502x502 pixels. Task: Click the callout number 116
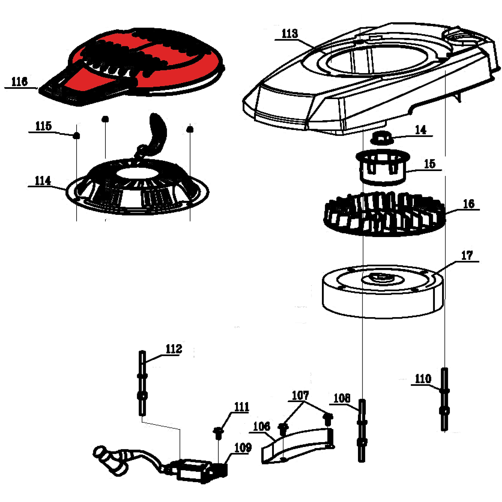(19, 82)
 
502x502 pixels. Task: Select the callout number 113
(289, 34)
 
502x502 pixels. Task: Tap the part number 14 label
(420, 130)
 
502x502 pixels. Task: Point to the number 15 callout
(429, 164)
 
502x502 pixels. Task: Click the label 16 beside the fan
(469, 204)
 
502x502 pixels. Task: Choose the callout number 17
(467, 255)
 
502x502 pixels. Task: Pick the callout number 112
(174, 349)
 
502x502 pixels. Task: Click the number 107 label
(300, 395)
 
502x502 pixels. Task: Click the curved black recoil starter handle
(158, 131)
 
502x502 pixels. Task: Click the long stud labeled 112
(142, 383)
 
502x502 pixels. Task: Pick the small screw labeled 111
(218, 432)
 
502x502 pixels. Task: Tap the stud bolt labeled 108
(362, 430)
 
